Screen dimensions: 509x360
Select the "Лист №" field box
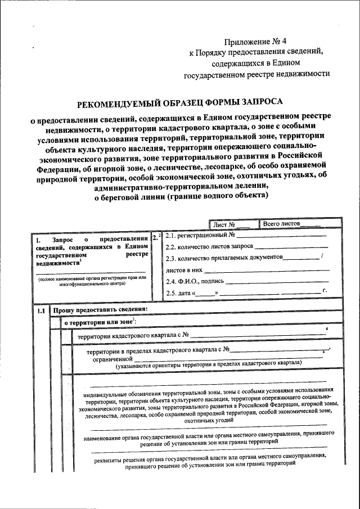click(x=233, y=224)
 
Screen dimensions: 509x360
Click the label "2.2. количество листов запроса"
click(x=210, y=246)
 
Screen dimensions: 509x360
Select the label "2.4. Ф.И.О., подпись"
click(x=195, y=281)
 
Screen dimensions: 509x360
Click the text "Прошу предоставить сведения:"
click(x=100, y=309)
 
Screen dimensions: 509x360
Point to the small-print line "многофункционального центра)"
click(x=92, y=284)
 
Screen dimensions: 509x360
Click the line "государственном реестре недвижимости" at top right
click(x=256, y=73)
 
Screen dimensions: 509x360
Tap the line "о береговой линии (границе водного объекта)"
click(x=178, y=196)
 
